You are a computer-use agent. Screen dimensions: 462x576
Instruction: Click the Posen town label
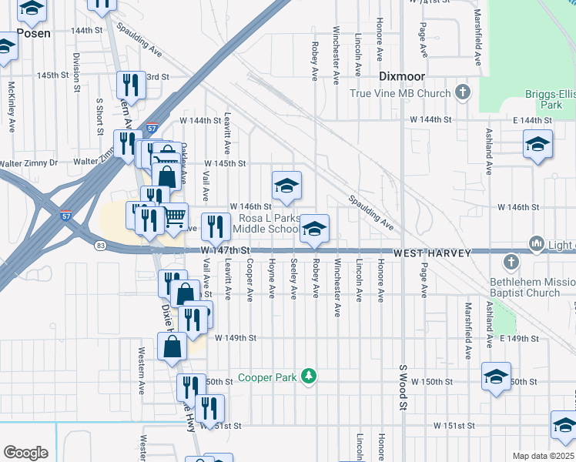click(33, 33)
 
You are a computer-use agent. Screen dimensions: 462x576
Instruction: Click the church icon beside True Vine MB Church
click(463, 93)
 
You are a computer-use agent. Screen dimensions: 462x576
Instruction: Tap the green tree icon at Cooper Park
click(309, 377)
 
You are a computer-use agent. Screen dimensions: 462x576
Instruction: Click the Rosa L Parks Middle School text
click(266, 223)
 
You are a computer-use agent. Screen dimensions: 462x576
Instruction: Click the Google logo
click(25, 452)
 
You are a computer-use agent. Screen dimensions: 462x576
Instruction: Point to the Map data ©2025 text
click(543, 456)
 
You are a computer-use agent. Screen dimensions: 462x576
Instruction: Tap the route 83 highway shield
click(101, 246)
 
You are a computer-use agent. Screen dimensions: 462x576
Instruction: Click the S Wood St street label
click(402, 389)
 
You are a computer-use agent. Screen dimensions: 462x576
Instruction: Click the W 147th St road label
click(226, 251)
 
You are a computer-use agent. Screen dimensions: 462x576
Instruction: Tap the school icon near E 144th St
click(537, 145)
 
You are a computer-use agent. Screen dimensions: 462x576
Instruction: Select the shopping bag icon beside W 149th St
click(171, 347)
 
